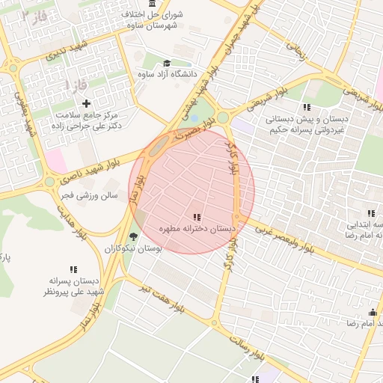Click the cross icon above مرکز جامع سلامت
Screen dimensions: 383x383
86,103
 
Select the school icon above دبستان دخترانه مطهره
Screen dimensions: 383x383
197,216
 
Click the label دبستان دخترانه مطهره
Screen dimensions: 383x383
197,227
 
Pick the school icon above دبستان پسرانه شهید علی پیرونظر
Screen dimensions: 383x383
73,269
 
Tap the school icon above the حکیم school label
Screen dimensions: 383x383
307,107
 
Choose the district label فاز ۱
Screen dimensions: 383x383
76,85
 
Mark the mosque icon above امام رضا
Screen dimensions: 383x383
372,312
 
